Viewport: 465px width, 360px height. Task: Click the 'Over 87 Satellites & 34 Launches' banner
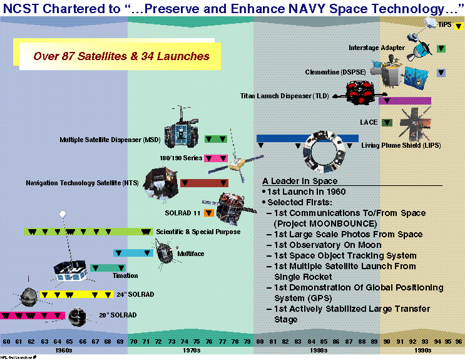point(122,56)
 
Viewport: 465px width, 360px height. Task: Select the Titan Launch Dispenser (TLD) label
point(285,96)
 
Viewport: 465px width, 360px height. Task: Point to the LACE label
point(369,122)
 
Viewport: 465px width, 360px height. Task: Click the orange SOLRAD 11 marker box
point(209,213)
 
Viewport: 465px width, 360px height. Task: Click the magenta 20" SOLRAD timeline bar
point(33,315)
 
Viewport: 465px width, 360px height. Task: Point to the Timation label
point(125,275)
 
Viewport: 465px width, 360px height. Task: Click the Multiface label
point(191,254)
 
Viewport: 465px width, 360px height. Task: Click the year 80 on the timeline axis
point(259,341)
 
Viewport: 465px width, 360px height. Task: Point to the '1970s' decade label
point(192,351)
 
